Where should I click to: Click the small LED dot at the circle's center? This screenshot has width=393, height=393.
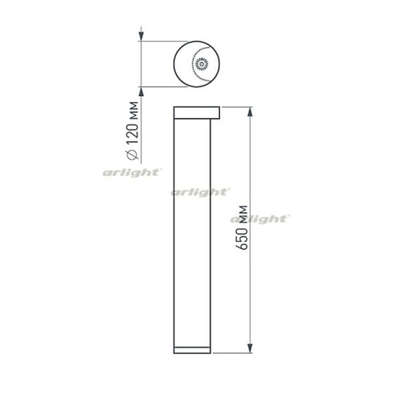pyautogui.click(x=202, y=63)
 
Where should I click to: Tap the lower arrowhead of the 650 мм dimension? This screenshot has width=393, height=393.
pyautogui.click(x=252, y=350)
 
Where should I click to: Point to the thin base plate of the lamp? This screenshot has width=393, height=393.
pyautogui.click(x=193, y=350)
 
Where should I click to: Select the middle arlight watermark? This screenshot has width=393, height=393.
pyautogui.click(x=200, y=190)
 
